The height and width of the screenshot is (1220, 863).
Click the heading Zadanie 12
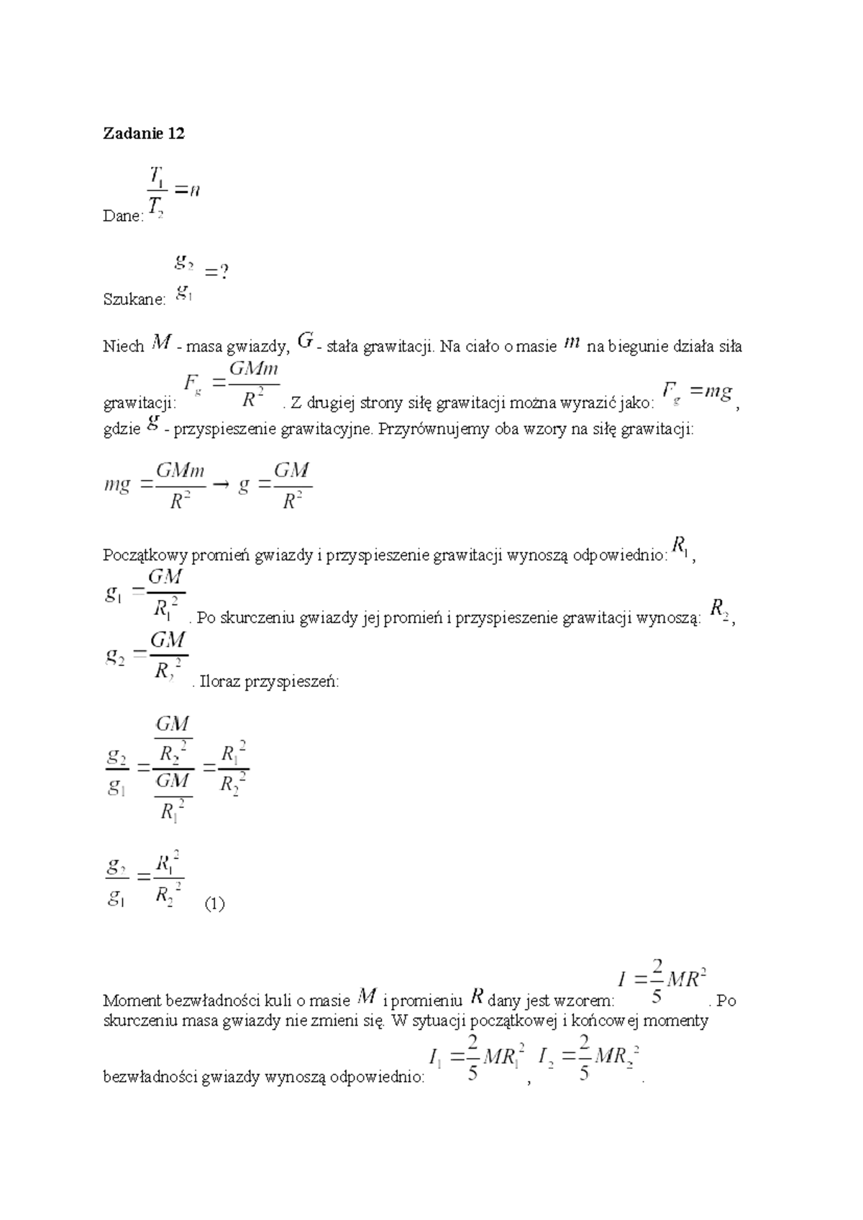(144, 134)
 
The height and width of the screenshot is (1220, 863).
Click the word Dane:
(124, 217)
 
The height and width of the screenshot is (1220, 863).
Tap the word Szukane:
(134, 300)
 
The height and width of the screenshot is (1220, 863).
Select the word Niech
(124, 347)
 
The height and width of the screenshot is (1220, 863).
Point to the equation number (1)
(214, 904)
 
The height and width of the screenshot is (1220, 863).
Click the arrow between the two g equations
(222, 486)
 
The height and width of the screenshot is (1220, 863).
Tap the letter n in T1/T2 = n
(196, 190)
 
